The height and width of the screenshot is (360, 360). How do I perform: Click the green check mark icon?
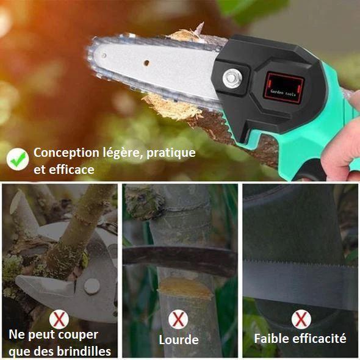(x=18, y=159)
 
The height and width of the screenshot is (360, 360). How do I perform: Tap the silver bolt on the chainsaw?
(x=232, y=78)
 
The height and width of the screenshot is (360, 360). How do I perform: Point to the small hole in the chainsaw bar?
(x=146, y=63)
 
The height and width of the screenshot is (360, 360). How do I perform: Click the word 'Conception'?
(x=67, y=153)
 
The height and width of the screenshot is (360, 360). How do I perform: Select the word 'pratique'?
(x=171, y=153)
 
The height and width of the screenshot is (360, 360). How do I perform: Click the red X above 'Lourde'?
(x=178, y=319)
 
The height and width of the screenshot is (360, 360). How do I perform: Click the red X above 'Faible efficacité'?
(x=301, y=319)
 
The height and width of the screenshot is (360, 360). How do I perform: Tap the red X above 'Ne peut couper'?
(x=59, y=319)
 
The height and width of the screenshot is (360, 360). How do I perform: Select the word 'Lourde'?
(x=179, y=340)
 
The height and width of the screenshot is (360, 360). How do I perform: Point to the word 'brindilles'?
(x=84, y=351)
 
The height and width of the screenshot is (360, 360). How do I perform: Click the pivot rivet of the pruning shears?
(x=92, y=286)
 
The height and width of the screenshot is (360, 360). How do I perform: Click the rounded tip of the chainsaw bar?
(x=90, y=55)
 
